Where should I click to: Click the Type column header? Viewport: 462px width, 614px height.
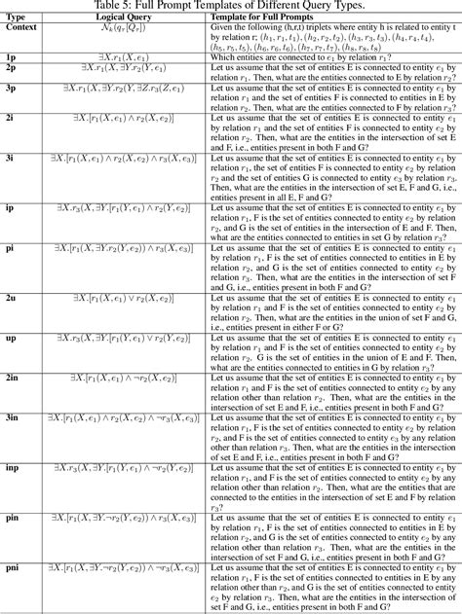(17, 18)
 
